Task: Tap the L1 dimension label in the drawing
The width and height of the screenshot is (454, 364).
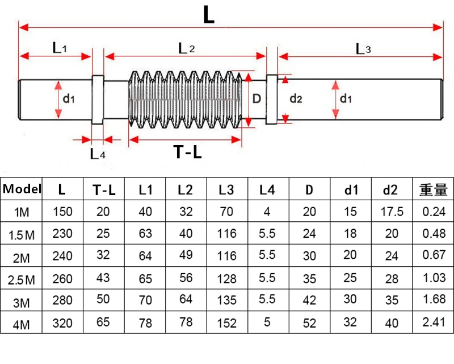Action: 60,48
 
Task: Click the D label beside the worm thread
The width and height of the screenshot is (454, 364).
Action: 256,98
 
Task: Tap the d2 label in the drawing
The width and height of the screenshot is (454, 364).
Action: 296,99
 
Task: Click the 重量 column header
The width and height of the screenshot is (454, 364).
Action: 433,189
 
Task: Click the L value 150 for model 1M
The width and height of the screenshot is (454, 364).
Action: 62,212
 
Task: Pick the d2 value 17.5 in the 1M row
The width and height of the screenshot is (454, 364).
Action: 392,212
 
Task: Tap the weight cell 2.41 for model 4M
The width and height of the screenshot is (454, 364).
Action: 433,324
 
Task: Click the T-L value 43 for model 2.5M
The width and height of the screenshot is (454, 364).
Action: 104,279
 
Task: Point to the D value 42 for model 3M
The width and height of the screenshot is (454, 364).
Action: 309,301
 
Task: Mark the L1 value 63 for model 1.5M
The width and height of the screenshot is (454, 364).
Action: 145,234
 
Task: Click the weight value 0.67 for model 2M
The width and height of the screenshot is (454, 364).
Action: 433,257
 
